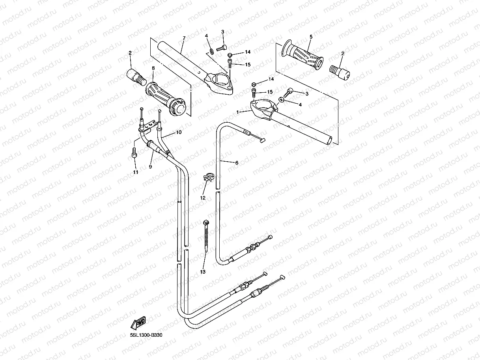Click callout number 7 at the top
coord(184,38)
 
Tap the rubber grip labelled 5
coord(302,55)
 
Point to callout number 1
coord(237,112)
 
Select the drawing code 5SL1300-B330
coord(146,335)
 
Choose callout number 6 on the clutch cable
coord(237,162)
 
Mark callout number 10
coord(179,132)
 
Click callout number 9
coord(150,167)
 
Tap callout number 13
coord(203,272)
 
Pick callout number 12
coord(203,198)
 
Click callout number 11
coord(135,172)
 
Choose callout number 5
coord(311,37)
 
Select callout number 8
coord(153,68)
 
